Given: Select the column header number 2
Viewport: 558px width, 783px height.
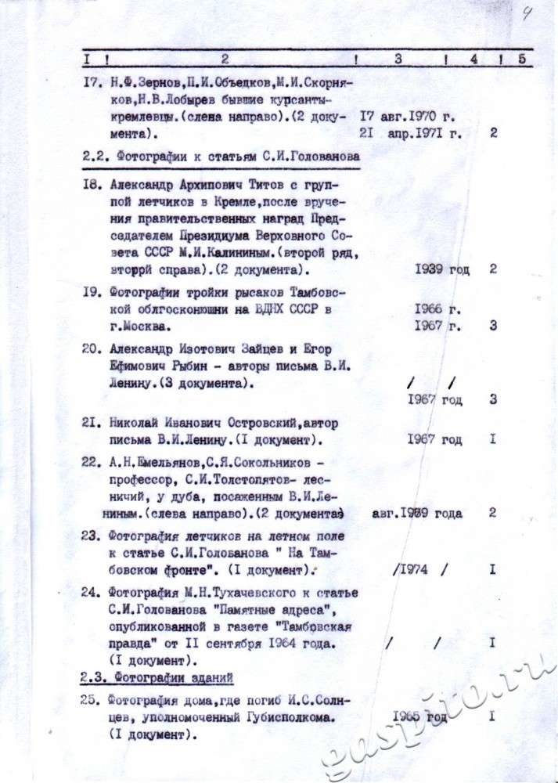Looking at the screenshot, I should [225, 57].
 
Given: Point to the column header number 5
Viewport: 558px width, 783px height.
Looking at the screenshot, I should [522, 57].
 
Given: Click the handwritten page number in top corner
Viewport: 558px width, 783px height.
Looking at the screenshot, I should [527, 13].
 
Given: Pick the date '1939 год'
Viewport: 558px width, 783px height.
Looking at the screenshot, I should [442, 269].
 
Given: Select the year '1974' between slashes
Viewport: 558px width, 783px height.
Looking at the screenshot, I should [413, 569].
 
